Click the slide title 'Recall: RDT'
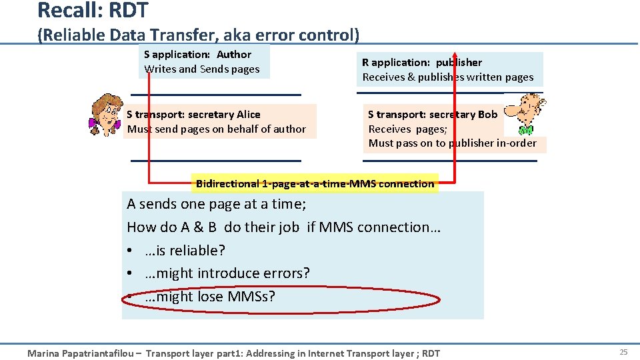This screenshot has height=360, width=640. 93,11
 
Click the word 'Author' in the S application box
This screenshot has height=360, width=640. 234,55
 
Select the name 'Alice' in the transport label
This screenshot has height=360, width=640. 247,115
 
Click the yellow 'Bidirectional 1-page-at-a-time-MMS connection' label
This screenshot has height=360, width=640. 315,183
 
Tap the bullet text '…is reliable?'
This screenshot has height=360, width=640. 185,251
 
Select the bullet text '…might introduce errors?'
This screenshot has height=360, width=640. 227,273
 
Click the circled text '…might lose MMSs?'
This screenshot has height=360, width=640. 209,297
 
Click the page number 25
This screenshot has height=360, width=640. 623,352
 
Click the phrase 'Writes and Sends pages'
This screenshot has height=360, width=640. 202,69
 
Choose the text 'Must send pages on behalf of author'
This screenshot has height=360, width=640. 217,129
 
